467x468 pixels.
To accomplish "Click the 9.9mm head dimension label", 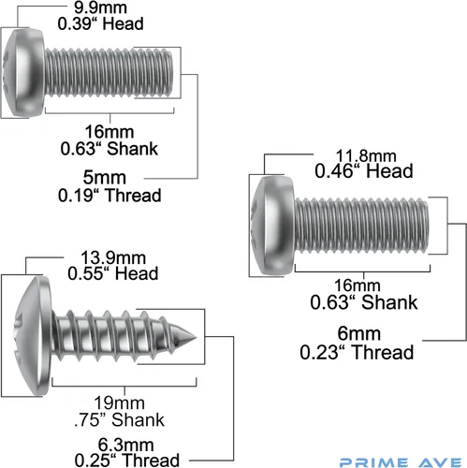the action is (x=100, y=7).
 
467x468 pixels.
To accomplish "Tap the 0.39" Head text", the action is (x=100, y=24).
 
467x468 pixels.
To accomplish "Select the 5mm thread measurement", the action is (x=105, y=178).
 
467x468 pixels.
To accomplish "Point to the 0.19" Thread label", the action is (x=109, y=196).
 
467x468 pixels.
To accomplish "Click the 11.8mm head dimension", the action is (x=366, y=155).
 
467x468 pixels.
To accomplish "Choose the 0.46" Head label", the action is (x=364, y=171).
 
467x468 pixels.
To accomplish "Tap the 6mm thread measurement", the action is (x=359, y=334).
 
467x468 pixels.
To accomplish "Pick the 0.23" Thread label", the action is (x=357, y=352).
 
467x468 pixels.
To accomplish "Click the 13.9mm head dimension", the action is (x=113, y=258).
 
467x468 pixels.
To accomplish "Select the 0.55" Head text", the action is (x=113, y=273).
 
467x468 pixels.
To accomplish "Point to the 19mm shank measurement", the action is (x=120, y=402).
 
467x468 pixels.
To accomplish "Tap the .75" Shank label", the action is (x=120, y=419).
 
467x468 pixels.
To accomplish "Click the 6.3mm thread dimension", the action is (x=125, y=445).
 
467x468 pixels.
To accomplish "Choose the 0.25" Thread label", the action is (x=127, y=461).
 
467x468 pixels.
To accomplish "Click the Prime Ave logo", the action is (x=401, y=462).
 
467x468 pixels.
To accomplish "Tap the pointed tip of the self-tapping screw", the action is (x=197, y=337).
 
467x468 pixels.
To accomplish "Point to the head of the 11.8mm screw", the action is (x=272, y=226).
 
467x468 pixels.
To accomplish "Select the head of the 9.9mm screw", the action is (x=23, y=73).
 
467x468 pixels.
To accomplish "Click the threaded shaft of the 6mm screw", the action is (x=361, y=225).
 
